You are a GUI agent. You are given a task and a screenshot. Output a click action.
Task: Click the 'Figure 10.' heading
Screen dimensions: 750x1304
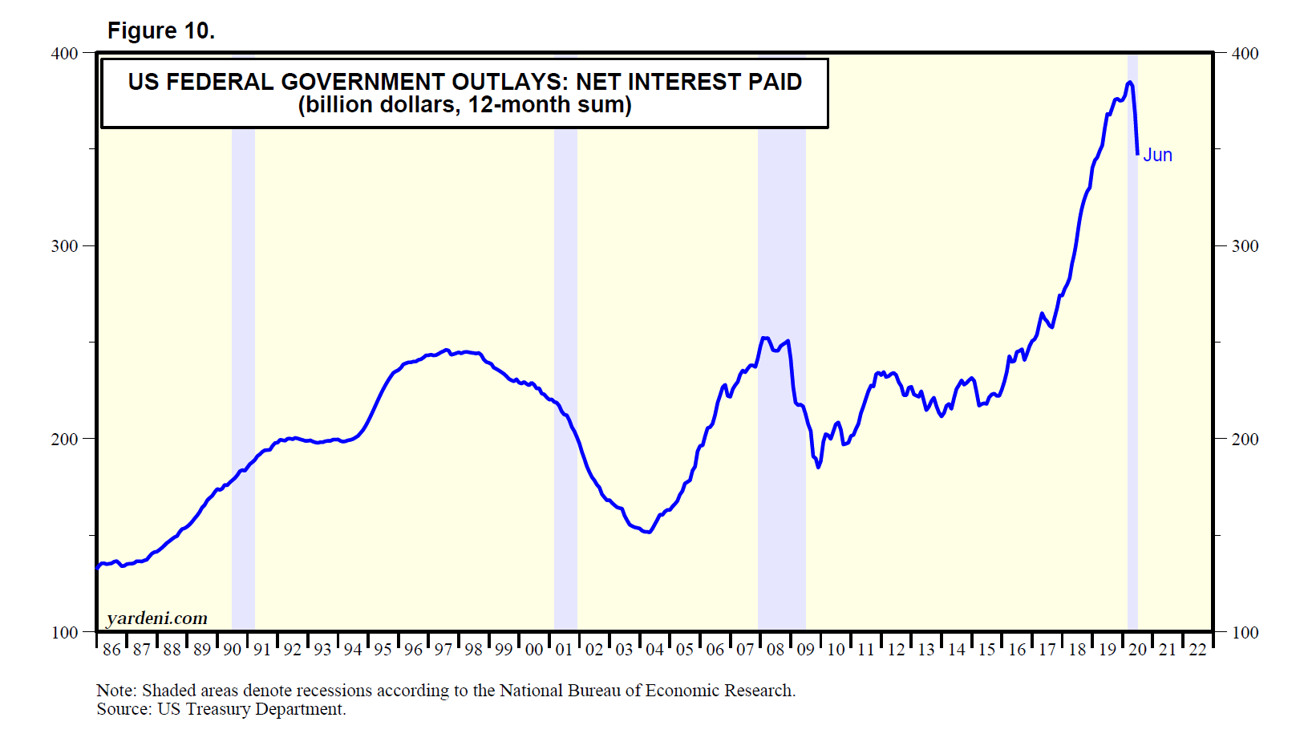[161, 30]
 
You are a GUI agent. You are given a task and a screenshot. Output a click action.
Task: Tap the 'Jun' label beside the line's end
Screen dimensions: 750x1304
[1157, 155]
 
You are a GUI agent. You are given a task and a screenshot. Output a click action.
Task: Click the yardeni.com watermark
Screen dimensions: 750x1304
[157, 618]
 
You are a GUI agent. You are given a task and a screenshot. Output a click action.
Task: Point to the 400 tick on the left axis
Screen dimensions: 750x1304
[64, 54]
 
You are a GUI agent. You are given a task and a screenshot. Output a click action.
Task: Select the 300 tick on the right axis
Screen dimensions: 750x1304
[1245, 246]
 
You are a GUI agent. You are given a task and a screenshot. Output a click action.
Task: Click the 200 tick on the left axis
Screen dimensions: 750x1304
[64, 440]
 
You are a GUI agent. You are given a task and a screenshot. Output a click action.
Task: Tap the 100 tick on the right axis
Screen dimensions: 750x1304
[1245, 633]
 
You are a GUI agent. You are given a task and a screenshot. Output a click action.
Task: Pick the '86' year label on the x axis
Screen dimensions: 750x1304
[111, 650]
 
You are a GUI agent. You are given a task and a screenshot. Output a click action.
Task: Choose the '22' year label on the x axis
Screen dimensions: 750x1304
[1197, 650]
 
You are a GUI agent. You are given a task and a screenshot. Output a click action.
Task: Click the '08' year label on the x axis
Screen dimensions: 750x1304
[776, 650]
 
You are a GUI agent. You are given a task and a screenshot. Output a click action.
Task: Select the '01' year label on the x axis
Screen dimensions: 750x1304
[564, 650]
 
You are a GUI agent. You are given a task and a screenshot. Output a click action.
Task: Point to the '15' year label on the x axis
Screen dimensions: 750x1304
[986, 650]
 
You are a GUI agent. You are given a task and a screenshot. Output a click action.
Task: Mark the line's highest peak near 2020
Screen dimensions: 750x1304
[1129, 82]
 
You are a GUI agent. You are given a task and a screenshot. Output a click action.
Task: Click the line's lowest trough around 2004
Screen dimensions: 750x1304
[648, 532]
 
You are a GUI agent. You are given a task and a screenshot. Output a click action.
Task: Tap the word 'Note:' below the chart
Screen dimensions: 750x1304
[116, 691]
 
